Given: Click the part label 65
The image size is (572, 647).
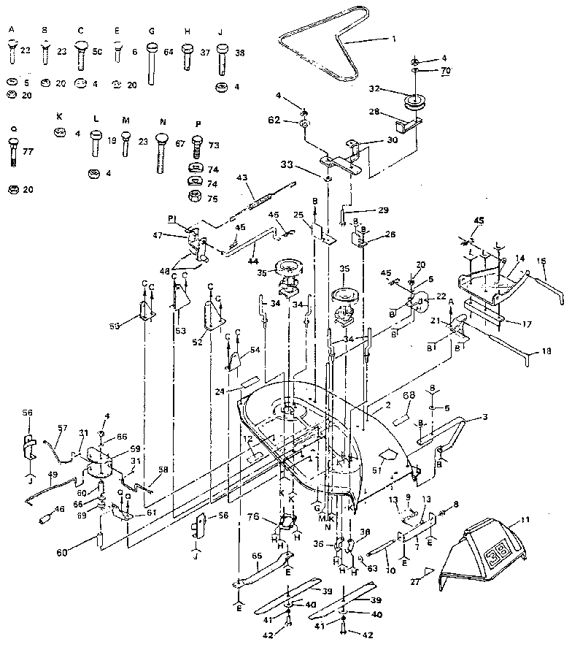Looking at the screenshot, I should (x=257, y=556).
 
